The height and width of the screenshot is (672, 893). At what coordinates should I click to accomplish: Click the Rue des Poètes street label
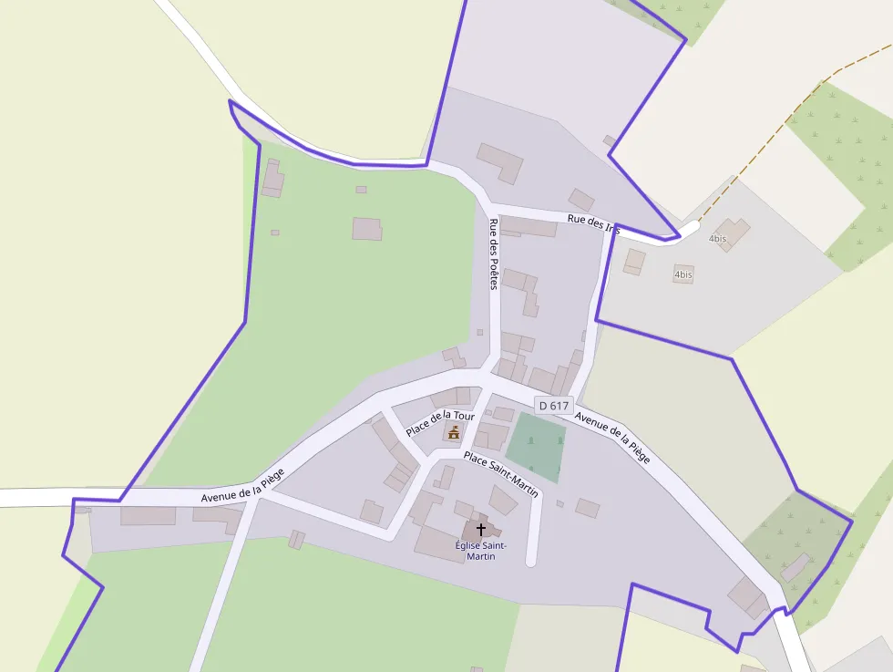494,254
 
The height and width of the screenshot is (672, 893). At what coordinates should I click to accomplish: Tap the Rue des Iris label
593,224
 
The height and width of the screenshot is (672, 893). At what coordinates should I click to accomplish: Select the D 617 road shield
553,406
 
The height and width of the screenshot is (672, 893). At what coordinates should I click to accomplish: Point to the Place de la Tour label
440,423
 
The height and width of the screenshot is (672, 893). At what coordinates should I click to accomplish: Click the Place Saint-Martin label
500,473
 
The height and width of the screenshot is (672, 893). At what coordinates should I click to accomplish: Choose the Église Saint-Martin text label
480,550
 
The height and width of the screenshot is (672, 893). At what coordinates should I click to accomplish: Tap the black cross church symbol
480,529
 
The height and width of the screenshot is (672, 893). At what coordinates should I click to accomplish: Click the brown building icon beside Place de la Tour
453,431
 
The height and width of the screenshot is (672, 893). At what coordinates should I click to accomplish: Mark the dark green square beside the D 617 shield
536,447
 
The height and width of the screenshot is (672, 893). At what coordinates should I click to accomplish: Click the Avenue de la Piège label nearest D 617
612,438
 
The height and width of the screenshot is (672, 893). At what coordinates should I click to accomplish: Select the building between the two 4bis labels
732,233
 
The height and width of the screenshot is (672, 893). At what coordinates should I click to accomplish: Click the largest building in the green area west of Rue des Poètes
367,228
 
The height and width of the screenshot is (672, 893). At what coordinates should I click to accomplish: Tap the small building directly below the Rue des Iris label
634,262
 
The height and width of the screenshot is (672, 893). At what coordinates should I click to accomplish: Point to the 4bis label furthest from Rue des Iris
683,274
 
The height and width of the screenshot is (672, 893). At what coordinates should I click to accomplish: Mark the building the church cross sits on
480,531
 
